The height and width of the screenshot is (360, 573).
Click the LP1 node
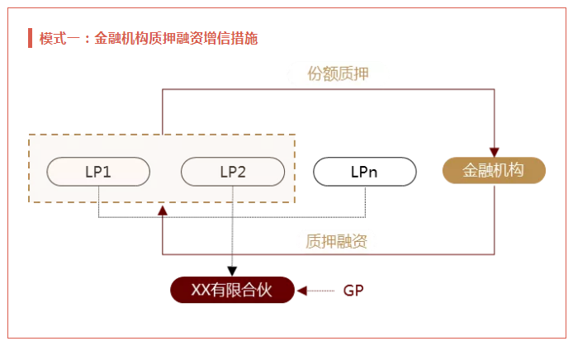(98, 172)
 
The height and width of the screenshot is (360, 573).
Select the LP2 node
(233, 172)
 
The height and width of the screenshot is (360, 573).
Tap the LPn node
(365, 172)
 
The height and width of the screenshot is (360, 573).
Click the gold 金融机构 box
(494, 170)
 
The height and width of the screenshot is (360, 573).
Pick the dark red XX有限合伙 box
(232, 290)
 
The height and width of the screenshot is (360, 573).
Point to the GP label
(353, 291)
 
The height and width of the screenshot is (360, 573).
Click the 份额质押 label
(338, 73)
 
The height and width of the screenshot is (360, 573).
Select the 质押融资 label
(336, 241)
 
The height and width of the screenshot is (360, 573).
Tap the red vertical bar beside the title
(30, 38)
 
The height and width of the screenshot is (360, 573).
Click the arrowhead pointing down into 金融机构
(495, 152)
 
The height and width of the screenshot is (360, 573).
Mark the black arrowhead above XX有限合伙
(232, 271)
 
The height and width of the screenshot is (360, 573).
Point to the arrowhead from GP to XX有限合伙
(302, 291)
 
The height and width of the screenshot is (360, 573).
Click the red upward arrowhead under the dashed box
(163, 211)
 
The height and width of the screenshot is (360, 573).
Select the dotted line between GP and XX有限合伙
(320, 291)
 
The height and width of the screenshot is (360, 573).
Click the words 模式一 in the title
(59, 38)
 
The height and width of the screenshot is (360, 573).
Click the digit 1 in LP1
(107, 172)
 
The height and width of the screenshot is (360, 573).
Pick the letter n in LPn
(372, 173)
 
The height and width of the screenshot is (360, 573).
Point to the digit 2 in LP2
(241, 172)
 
